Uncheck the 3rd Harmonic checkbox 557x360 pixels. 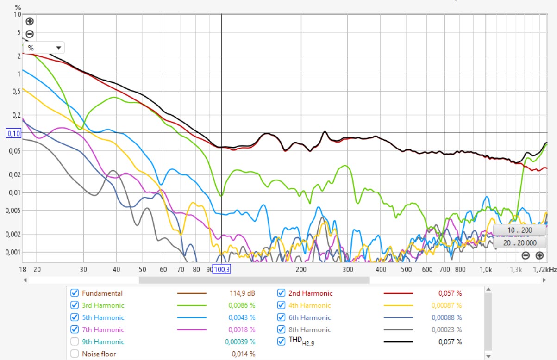click(74, 305)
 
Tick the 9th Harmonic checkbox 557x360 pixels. click(74, 341)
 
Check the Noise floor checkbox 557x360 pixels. click(74, 354)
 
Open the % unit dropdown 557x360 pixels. click(44, 48)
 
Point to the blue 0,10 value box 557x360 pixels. click(13, 133)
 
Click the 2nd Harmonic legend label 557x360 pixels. click(310, 293)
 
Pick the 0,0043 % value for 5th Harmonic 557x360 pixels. click(242, 317)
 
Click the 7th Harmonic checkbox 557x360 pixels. click(74, 329)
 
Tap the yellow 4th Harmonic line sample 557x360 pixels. click(398, 305)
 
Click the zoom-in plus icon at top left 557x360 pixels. click(30, 21)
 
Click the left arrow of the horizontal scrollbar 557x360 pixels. click(26, 280)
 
